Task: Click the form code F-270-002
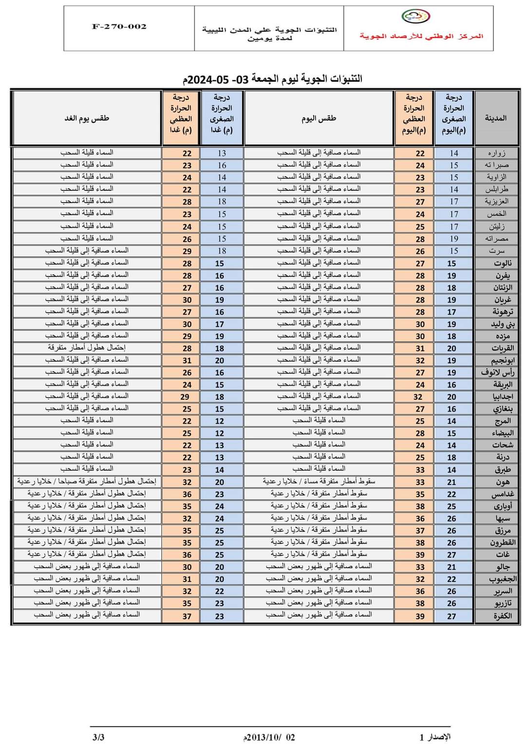119,27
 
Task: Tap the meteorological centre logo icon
415,17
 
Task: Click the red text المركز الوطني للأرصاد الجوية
421,36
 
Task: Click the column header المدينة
496,118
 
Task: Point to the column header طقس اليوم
319,118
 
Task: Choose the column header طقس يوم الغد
87,118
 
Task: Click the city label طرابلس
496,189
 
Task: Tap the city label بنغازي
497,409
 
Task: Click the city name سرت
497,251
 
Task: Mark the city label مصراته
496,239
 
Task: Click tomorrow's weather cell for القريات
87,348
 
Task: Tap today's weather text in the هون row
319,482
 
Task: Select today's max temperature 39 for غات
420,555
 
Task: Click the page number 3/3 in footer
98,737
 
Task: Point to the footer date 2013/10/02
269,737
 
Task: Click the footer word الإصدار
439,737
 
